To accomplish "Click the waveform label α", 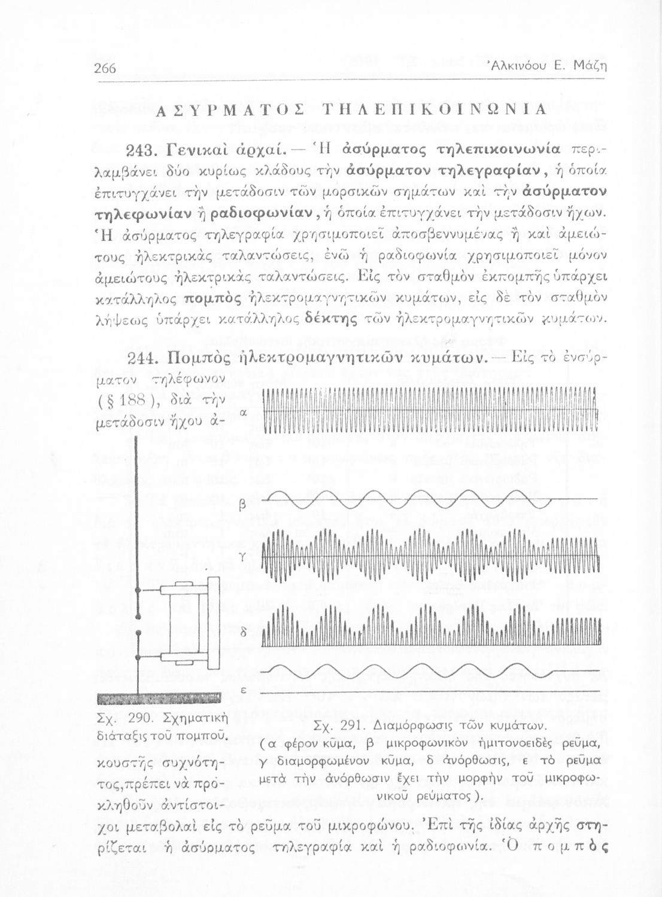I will tap(243, 413).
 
